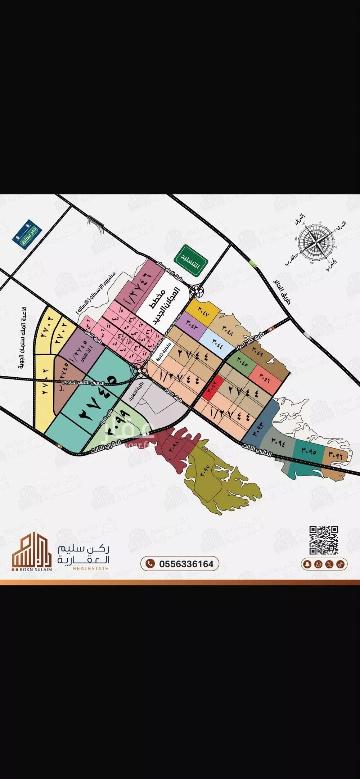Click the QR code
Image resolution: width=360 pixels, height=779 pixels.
click(x=324, y=540)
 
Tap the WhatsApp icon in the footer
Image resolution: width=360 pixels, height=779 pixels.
click(x=318, y=564)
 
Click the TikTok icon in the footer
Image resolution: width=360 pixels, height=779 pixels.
click(x=340, y=564)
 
